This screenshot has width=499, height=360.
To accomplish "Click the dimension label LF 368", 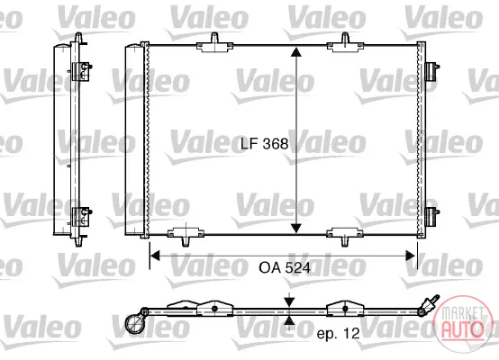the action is pos(264,144).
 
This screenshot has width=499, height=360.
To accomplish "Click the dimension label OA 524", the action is pos(285,268).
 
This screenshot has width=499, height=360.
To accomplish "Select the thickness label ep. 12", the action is pos(338,334).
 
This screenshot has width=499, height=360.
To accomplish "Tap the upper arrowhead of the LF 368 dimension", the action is pos(296,52).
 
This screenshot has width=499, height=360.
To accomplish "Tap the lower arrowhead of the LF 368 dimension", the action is pos(296,228).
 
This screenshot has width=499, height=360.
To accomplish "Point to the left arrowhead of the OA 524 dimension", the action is pos(155,256).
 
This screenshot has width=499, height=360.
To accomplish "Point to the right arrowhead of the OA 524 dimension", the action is pos(410,256).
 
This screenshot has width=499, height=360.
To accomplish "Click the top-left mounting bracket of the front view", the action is pos(214,43).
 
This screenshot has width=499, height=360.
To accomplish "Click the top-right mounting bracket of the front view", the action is pos(345,43).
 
